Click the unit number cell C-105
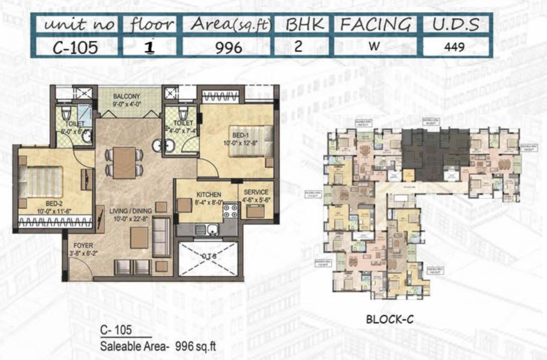click(x=75, y=47)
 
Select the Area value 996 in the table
click(x=229, y=47)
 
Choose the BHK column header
click(x=299, y=24)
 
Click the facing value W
click(x=374, y=47)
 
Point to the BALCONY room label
click(x=127, y=97)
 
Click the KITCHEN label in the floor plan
click(x=209, y=194)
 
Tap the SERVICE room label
click(x=256, y=192)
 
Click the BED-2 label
click(x=54, y=204)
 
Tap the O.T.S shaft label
click(x=209, y=256)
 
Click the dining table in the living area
click(x=124, y=162)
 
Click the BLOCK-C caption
click(x=389, y=320)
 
